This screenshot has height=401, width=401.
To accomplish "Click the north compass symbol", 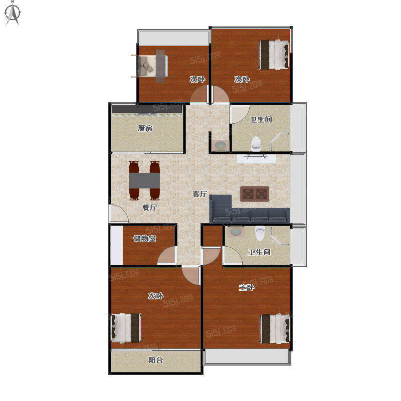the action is (13, 13).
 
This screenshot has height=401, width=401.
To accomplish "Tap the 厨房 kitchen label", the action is (145, 128).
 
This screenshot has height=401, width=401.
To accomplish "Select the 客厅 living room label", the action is (199, 194).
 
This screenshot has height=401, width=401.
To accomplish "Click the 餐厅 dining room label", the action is (150, 208).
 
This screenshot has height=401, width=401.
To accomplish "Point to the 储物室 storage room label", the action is (145, 239).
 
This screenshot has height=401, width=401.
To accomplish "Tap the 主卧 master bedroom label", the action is (246, 287).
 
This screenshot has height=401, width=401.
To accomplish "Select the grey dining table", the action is (144, 180).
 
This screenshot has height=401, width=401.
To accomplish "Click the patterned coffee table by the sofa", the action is (255, 194).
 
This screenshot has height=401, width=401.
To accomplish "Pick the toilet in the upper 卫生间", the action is (256, 144).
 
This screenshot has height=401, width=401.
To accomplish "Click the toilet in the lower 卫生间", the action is (260, 233).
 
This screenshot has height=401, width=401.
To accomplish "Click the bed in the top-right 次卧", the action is (274, 54).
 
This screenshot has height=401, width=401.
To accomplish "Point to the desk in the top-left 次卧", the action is (160, 66).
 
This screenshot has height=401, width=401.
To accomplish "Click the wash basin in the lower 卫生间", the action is (236, 232).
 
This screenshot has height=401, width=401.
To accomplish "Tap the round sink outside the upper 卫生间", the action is (220, 145).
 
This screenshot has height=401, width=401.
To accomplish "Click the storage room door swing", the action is (166, 255).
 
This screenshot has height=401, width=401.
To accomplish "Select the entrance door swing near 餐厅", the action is (119, 214).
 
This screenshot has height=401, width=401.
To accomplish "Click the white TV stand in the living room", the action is (256, 158).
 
